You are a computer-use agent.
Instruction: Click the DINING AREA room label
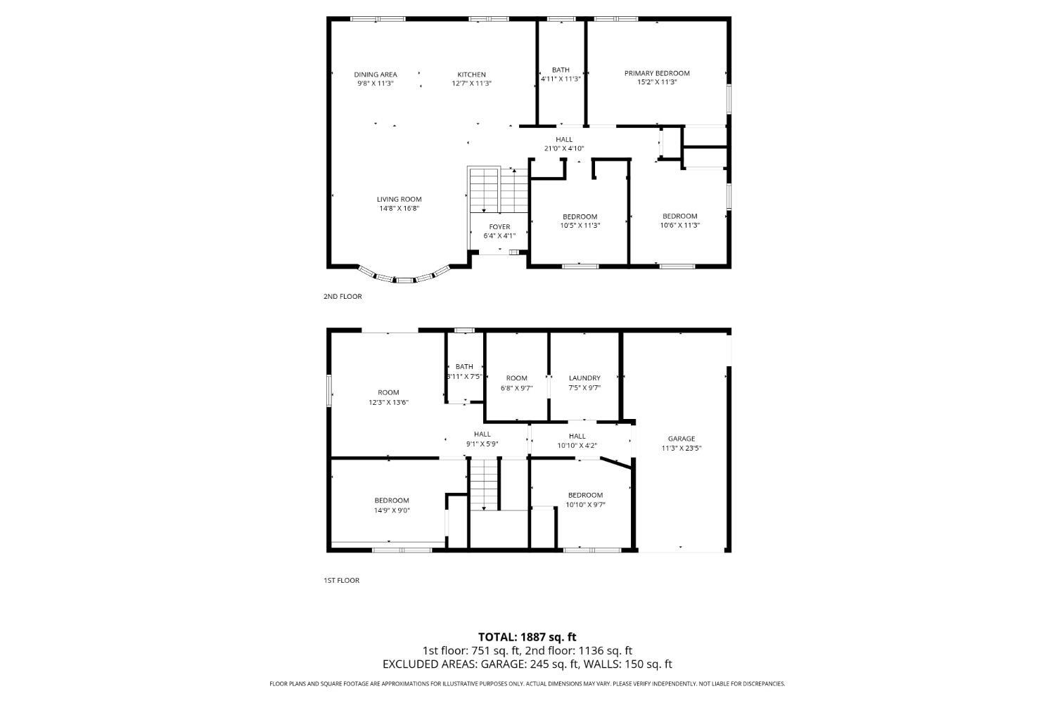click(375, 75)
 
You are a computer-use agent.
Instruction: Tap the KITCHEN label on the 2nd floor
click(471, 75)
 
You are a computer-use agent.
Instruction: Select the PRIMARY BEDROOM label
click(657, 73)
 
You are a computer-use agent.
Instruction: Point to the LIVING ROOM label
click(399, 199)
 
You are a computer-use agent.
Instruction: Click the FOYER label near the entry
click(499, 226)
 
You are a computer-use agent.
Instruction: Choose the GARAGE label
click(682, 439)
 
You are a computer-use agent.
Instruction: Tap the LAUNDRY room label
click(584, 378)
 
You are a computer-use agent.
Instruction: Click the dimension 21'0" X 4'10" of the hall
click(563, 148)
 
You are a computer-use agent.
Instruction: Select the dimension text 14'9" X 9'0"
click(392, 510)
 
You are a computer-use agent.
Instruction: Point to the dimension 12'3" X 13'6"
click(388, 402)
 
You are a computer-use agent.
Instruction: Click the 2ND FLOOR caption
click(343, 297)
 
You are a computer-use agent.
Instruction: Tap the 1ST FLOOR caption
click(341, 581)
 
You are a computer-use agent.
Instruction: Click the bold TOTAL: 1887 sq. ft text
click(527, 637)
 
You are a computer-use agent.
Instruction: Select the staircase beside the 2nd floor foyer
click(498, 190)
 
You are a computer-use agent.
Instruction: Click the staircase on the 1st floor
click(484, 484)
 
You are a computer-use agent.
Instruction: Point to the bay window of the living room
click(404, 278)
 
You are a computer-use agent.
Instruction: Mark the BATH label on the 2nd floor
click(561, 70)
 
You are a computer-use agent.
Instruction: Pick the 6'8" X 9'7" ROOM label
click(516, 378)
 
